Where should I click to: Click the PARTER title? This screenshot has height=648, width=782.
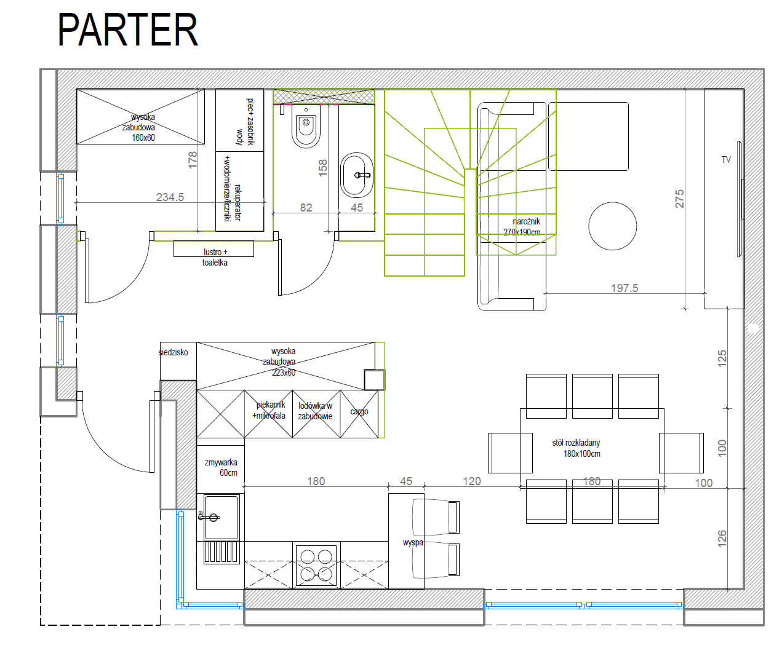coord(127,30)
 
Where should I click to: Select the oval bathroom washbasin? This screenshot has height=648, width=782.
coord(357,175)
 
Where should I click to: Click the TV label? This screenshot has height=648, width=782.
coord(726,160)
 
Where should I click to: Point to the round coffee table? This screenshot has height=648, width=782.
coord(612,226)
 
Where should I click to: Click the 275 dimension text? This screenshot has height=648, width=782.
coord(679,199)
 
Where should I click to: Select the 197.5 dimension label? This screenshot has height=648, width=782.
coord(624,288)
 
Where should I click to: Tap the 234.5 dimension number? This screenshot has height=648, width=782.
coord(170,197)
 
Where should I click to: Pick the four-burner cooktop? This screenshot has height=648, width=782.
coord(316,566)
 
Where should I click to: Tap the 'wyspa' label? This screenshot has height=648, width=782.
coord(413,542)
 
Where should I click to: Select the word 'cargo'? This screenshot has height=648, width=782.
coord(359,411)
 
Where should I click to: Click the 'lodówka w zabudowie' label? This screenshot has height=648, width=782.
coord(315,411)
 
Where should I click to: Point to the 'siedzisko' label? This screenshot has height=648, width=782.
coord(174,352)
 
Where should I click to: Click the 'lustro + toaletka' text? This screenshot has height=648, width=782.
coord(215,257)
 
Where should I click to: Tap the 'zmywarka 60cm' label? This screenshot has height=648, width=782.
coord(221,467)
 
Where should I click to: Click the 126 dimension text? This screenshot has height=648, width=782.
coord(722,539)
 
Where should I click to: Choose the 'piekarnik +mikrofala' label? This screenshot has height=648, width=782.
coord(269,410)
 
